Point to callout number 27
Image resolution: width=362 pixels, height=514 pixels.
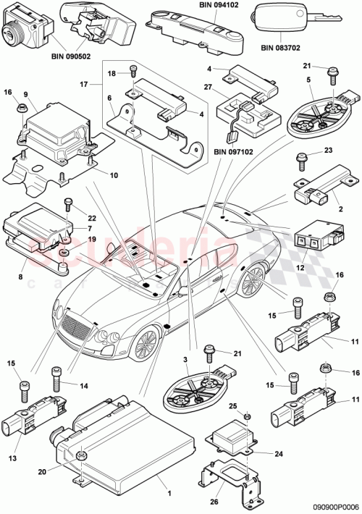pyautogui.click(x=209, y=86)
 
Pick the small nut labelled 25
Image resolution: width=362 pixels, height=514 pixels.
pyautogui.click(x=245, y=417)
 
